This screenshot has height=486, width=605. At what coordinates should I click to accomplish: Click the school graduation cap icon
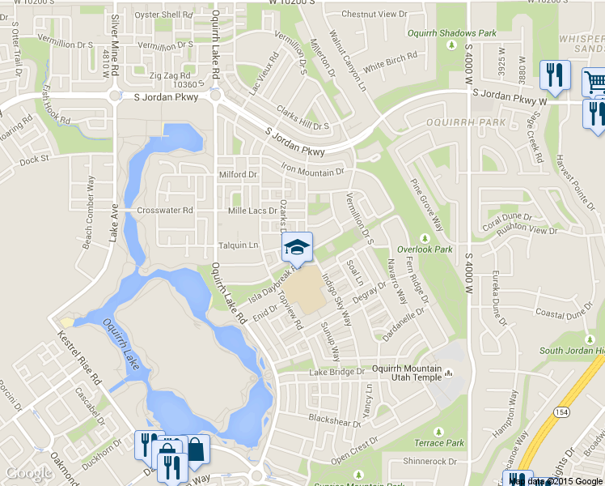tap(297, 248)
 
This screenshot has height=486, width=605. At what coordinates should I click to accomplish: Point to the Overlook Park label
tap(425, 249)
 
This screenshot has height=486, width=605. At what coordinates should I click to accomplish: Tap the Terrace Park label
tap(439, 443)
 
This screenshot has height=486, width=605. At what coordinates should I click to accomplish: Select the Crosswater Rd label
tap(165, 211)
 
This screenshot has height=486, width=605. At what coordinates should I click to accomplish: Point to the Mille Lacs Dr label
tap(253, 211)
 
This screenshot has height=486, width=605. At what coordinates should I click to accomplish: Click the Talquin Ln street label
tap(238, 245)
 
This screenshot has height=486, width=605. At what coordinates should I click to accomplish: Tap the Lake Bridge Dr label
tap(337, 373)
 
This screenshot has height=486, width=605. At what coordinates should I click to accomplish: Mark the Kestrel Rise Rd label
tap(78, 356)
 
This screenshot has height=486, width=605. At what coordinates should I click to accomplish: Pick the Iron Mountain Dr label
tap(312, 171)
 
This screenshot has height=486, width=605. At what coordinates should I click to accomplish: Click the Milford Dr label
tap(238, 174)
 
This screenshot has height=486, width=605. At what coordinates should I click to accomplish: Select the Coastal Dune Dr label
tap(565, 315)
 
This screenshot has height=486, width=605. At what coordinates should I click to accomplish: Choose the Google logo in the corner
tap(29, 474)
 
